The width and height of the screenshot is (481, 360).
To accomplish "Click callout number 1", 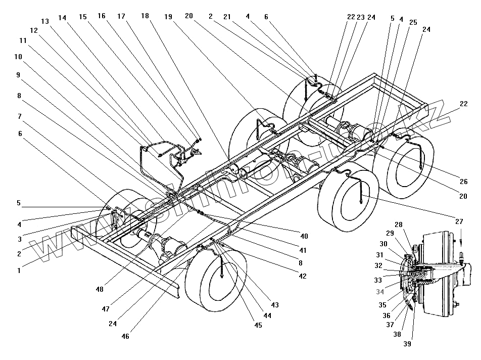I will coord(19,271).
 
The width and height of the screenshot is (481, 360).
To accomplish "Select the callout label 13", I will coord(45,21).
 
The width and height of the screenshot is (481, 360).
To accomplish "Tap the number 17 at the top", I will coord(121,17).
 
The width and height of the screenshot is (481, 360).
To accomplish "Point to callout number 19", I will coord(168,17).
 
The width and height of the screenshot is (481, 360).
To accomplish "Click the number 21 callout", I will coord(227,17).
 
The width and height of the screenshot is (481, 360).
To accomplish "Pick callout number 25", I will coord(413,23).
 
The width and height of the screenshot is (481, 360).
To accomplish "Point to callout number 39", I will coord(407,344).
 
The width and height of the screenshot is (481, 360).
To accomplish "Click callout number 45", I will coord(258,325).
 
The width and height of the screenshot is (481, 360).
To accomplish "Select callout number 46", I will coord(125,336).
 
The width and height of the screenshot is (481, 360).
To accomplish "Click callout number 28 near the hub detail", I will coord(399,224).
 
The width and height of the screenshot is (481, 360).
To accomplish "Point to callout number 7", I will coord(19,116).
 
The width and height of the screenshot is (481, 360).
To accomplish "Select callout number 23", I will coord(360,17).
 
